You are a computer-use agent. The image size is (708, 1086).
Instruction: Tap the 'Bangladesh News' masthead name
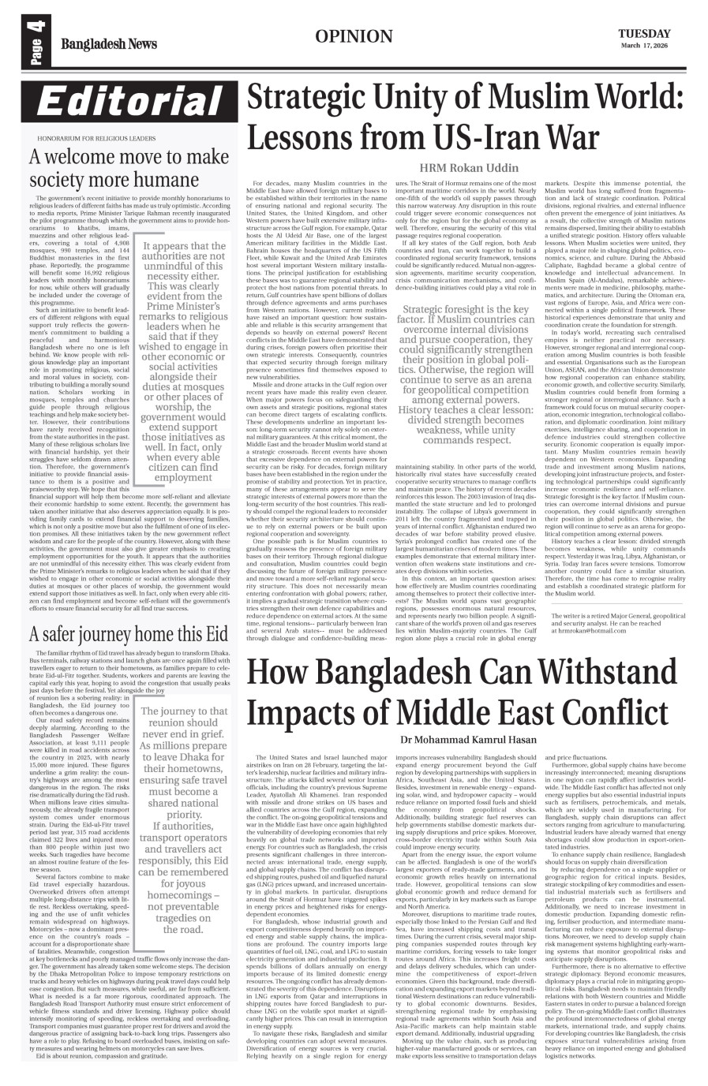click(x=111, y=44)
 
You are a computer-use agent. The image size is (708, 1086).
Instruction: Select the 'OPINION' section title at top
click(x=353, y=36)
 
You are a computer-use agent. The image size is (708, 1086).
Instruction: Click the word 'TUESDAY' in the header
click(x=644, y=33)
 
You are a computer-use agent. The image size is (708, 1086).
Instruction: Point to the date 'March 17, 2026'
click(x=644, y=46)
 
